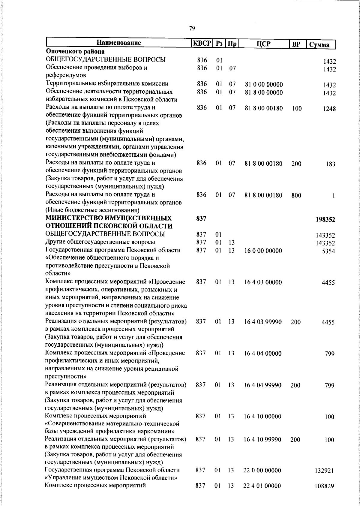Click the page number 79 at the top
click(192, 29)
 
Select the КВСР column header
click(202, 43)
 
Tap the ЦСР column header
click(264, 44)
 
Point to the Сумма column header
click(320, 45)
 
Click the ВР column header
click(297, 44)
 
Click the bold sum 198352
click(325, 220)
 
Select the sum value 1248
click(329, 109)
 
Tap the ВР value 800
click(296, 196)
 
